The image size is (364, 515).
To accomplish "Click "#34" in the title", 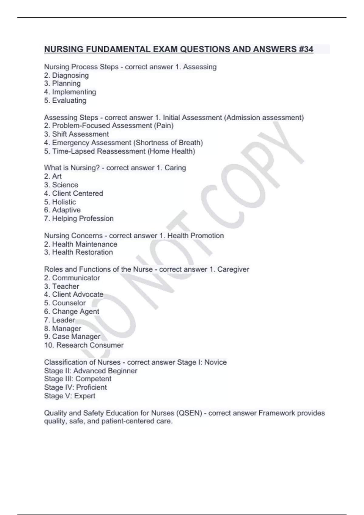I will tap(306, 49).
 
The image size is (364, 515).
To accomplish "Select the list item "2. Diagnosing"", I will tap(66, 75).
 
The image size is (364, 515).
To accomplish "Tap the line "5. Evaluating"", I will tap(65, 101).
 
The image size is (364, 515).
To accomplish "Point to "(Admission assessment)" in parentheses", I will tap(264, 118).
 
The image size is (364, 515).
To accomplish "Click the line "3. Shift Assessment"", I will tap(76, 134).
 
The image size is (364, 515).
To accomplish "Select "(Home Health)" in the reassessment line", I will tap(171, 151).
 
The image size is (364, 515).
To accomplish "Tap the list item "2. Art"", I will tap(53, 176).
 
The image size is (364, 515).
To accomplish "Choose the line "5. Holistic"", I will tap(60, 202).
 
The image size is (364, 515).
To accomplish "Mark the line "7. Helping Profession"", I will tap(79, 219).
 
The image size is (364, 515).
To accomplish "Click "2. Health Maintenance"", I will tap(81, 244).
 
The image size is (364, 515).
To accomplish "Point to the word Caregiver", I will tap(233, 269).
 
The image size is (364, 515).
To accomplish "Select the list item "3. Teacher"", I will tap(62, 286).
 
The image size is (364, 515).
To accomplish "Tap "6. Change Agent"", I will tap(72, 311).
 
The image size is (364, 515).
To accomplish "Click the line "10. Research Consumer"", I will tap(84, 345).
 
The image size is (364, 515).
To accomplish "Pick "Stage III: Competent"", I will tap(78, 379).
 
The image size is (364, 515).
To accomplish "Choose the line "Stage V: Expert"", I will tap(70, 396).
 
